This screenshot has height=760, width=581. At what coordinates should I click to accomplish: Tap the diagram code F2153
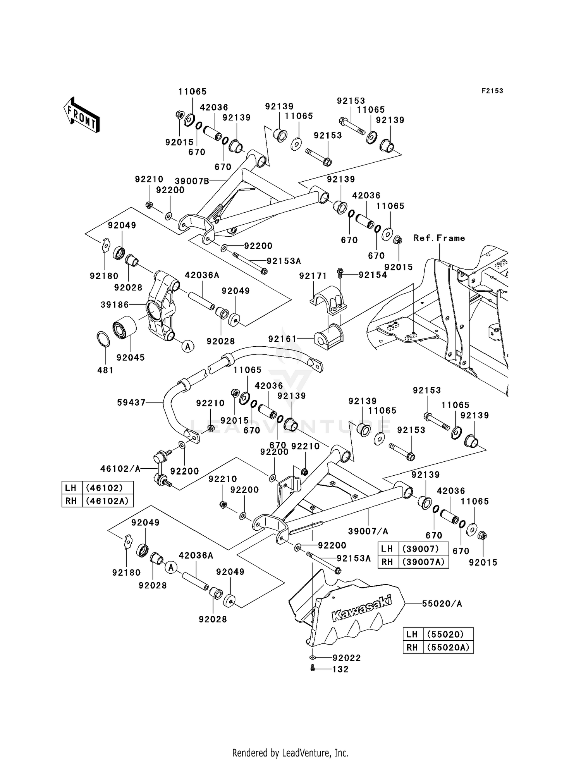tap(492, 91)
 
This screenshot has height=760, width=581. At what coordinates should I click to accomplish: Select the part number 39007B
tap(192, 181)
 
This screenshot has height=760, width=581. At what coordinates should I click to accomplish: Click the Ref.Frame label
tap(439, 238)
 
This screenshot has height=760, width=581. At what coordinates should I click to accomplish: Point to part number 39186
tap(115, 305)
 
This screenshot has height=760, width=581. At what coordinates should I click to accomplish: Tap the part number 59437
tap(131, 403)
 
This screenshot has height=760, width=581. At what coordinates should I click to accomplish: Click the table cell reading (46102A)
tap(107, 501)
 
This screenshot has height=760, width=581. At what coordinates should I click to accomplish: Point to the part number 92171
tap(313, 276)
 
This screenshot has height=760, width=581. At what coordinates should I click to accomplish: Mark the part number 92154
tap(373, 275)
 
